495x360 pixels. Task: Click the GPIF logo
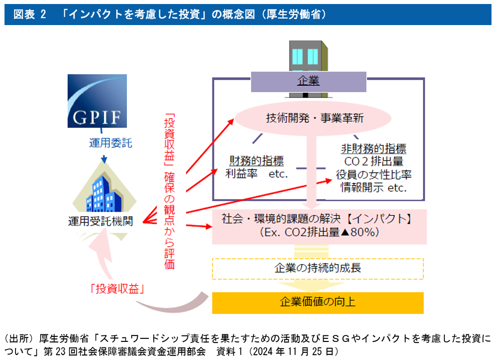[97, 101]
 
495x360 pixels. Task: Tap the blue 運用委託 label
[110, 143]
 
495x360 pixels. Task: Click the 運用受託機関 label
[100, 221]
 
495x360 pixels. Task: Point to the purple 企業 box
[308, 81]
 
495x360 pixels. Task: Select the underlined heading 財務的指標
[257, 161]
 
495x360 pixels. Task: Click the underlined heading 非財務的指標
[373, 149]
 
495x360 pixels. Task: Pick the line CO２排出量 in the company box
[374, 161]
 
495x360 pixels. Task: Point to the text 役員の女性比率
[374, 174]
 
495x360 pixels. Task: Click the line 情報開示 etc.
[374, 188]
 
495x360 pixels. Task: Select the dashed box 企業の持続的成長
[318, 268]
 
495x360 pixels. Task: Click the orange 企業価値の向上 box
[318, 302]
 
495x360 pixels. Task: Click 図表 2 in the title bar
[30, 14]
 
